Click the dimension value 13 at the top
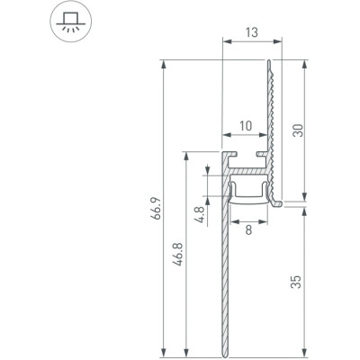247,31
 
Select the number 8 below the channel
247,230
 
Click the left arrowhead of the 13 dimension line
222,42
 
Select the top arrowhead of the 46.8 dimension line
187,152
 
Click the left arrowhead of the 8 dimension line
234,220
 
